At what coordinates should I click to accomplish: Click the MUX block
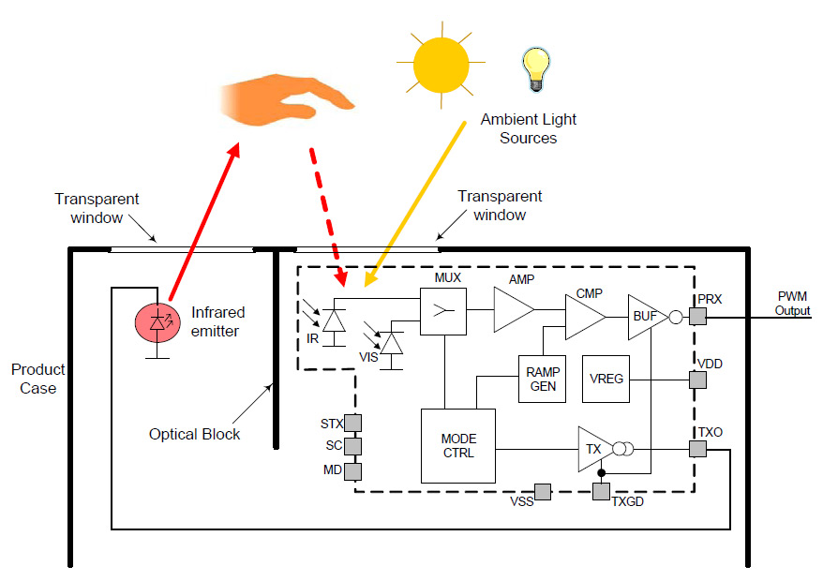tap(443, 310)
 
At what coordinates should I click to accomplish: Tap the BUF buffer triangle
tap(646, 317)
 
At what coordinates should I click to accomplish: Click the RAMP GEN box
tap(543, 379)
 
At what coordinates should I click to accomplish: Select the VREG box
tap(606, 380)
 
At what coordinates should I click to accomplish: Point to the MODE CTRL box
tap(457, 446)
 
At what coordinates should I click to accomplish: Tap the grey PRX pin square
tap(697, 318)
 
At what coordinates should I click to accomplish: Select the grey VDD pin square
tap(697, 380)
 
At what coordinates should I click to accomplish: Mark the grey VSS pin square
tap(542, 491)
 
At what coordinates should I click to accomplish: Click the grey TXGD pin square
tap(601, 490)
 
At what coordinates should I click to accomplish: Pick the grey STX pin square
tap(353, 424)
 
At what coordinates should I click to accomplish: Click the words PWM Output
tap(792, 304)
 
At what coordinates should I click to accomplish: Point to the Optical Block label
tap(195, 434)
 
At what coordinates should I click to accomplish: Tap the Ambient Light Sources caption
tap(529, 128)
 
